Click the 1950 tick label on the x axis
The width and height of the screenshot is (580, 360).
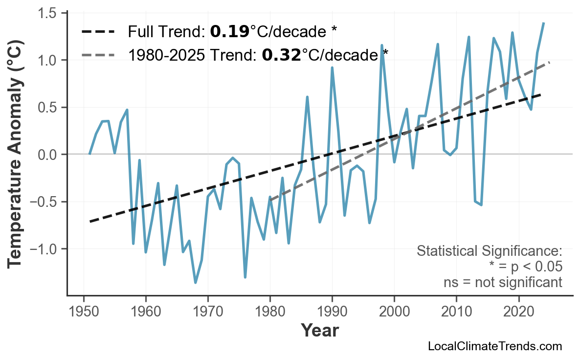tap(84, 312)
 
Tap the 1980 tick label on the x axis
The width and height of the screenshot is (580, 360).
tap(270, 312)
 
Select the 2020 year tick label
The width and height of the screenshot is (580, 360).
tap(518, 312)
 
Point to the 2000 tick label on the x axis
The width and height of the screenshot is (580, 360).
tap(394, 312)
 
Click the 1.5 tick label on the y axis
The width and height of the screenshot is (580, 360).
tap(47, 13)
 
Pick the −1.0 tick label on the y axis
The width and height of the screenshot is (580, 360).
tap(44, 249)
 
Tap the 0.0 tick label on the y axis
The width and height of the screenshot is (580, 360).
tap(47, 155)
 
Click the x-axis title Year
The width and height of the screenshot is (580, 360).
tap(319, 331)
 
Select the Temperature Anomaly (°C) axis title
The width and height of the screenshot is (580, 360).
tap(16, 155)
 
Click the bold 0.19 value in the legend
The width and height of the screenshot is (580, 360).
tap(229, 32)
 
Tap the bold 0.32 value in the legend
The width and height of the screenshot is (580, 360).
tap(281, 55)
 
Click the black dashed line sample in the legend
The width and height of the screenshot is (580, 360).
tap(98, 32)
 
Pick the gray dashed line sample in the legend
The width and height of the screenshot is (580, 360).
tap(98, 55)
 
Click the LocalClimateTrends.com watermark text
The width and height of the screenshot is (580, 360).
tap(494, 346)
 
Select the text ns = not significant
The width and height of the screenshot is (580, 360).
tap(503, 282)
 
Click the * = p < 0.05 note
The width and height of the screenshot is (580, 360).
tap(525, 267)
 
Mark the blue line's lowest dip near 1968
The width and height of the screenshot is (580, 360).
tap(196, 283)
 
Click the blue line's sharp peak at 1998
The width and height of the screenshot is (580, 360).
tap(382, 45)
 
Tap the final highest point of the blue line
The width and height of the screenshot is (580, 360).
tap(543, 23)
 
